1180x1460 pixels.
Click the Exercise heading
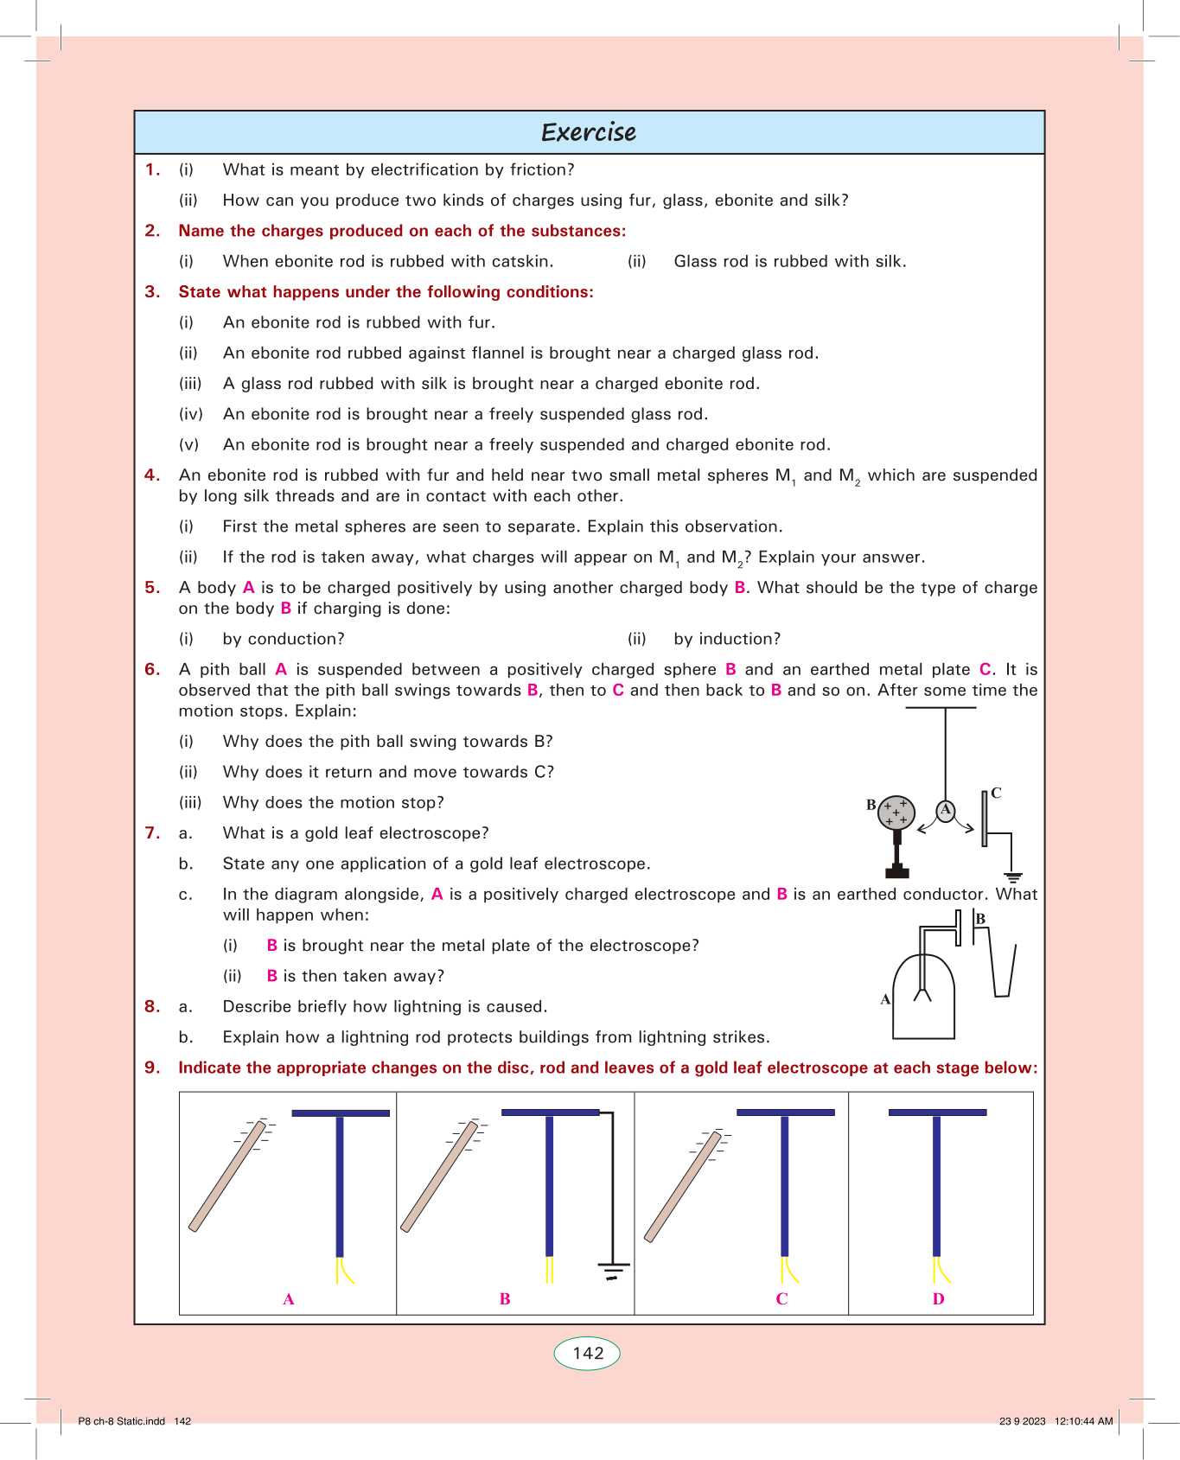[589, 132]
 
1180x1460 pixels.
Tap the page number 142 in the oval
[588, 1354]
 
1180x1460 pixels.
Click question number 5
[152, 588]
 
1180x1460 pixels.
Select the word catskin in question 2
[521, 261]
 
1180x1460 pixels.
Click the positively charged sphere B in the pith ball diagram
[896, 813]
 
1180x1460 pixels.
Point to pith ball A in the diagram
[946, 810]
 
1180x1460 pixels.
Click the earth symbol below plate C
[1013, 877]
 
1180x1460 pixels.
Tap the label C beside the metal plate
[996, 793]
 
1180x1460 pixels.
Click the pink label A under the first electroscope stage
[289, 1298]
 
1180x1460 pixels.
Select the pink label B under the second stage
[505, 1298]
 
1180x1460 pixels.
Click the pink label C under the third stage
[781, 1298]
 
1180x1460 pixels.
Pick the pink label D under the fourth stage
[939, 1298]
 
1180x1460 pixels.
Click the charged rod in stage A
[226, 1176]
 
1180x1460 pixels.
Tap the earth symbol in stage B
[613, 1271]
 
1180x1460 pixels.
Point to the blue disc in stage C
[785, 1113]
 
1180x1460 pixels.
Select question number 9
[152, 1068]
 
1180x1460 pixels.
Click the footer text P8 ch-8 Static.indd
[121, 1421]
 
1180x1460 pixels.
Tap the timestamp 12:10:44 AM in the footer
[1083, 1421]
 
